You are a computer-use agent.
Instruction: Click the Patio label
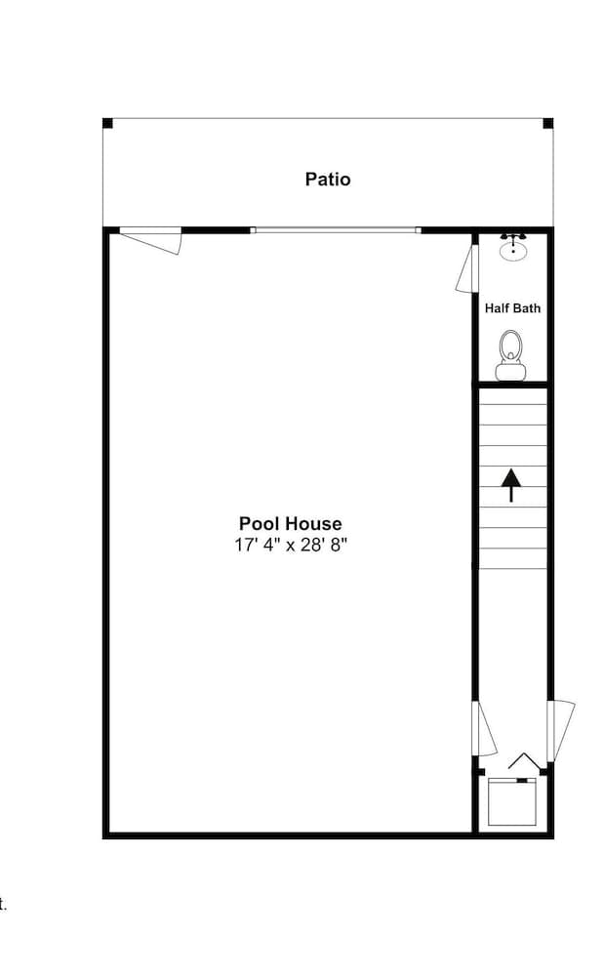click(328, 180)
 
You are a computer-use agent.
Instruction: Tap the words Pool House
click(291, 524)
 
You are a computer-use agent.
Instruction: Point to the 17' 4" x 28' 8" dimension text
click(291, 545)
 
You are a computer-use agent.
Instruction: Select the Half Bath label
click(512, 308)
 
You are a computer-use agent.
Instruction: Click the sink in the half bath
click(513, 251)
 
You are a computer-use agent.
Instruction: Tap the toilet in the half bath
click(511, 349)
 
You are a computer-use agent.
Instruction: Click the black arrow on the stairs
click(510, 484)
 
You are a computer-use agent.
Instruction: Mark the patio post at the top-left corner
click(108, 123)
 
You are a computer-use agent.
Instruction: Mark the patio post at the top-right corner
click(547, 123)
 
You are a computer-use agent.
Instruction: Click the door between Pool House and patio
click(152, 238)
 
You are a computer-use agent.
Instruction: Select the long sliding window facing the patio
click(335, 230)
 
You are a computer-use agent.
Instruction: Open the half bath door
click(466, 268)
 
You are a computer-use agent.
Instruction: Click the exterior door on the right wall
click(561, 730)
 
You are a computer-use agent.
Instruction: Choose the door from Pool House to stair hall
click(483, 728)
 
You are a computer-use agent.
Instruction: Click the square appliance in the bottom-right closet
click(512, 802)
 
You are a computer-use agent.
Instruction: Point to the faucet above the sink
click(513, 237)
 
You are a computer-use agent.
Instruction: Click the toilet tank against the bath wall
click(511, 371)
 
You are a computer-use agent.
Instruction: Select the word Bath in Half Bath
click(527, 308)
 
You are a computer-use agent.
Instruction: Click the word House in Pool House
click(314, 524)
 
